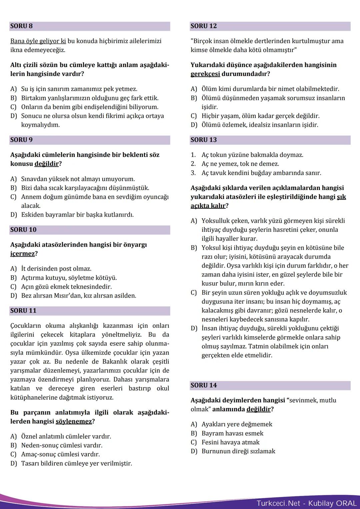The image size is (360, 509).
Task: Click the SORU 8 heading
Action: click(21, 26)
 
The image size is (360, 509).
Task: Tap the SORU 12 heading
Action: click(203, 26)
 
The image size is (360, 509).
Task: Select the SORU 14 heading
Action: click(203, 385)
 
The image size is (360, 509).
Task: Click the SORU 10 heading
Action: click(23, 230)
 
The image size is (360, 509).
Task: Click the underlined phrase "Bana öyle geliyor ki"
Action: click(38, 41)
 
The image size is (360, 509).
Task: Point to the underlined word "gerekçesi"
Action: click(205, 74)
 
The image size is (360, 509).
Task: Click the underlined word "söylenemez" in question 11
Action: click(73, 421)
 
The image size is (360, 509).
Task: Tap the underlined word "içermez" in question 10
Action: click(22, 254)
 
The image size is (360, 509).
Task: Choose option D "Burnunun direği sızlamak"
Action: click(238, 451)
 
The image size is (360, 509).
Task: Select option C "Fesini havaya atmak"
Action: click(230, 442)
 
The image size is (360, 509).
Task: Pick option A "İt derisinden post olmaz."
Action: click(56, 269)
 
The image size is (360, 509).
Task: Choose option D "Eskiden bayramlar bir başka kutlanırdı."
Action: click(77, 215)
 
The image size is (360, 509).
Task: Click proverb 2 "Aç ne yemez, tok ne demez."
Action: click(240, 164)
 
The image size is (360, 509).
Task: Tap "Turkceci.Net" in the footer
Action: click(278, 503)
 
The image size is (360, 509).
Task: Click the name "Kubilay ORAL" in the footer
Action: click(332, 503)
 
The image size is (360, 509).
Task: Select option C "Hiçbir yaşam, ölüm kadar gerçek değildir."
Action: click(260, 116)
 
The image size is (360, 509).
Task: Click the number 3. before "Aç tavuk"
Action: click(193, 173)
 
